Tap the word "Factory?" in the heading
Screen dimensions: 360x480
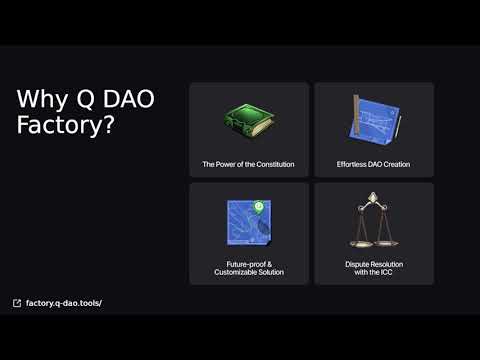point(65,127)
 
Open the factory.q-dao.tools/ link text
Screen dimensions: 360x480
point(64,302)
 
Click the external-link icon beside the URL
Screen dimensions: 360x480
point(17,302)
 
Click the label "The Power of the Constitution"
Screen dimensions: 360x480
point(248,164)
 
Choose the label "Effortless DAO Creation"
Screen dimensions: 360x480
point(373,164)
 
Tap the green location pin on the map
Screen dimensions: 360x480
point(258,207)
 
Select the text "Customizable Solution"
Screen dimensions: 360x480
point(249,272)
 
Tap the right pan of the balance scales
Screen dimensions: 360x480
point(391,241)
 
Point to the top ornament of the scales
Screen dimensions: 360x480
point(374,199)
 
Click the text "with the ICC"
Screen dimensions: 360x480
point(373,272)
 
